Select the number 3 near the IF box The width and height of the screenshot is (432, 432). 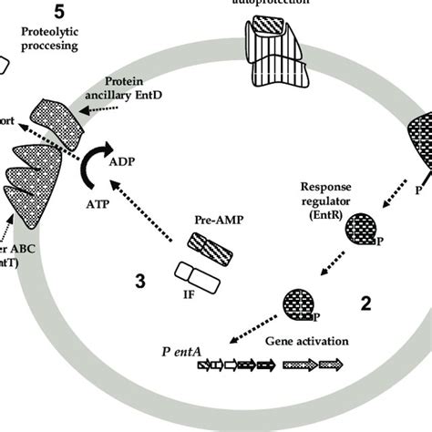coord(139,282)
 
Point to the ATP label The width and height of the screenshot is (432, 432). coord(95,205)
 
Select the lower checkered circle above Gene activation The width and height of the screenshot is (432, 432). coord(303,303)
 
